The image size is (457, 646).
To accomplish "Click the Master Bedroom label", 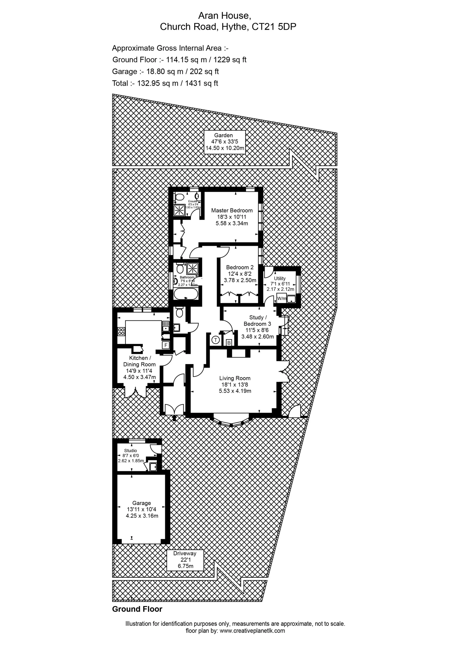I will [232, 210].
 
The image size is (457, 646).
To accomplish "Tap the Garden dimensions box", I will [224, 142].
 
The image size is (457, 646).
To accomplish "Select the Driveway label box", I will [185, 560].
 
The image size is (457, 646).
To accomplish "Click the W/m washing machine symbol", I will [282, 298].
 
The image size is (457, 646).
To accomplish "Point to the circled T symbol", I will [216, 340].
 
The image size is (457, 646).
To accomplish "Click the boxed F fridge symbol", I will [166, 345].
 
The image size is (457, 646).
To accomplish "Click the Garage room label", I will [142, 503].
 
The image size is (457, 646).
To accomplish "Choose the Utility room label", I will [280, 278].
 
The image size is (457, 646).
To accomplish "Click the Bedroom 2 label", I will [240, 267].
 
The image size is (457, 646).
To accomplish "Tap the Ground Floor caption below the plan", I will [137, 609].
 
